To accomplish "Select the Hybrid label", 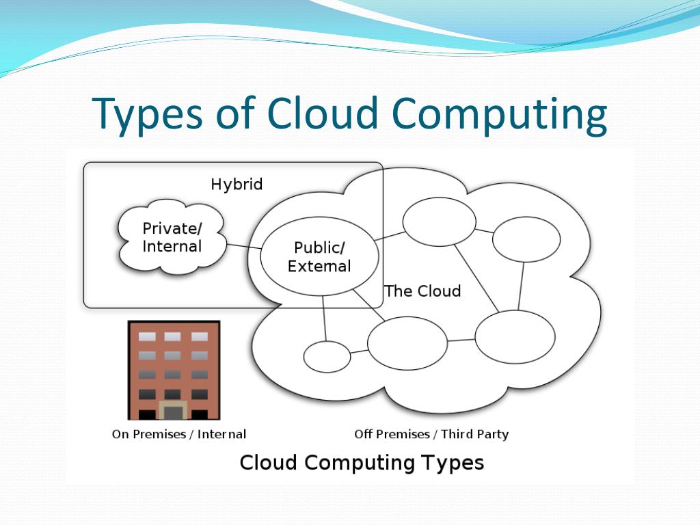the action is click(237, 185).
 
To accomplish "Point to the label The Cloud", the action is click(422, 291).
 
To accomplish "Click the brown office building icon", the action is click(174, 369).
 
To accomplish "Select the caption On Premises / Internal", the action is click(179, 434).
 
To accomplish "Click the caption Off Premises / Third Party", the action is click(431, 434).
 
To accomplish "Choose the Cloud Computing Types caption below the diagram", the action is click(362, 463).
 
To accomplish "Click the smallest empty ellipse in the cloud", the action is click(327, 357).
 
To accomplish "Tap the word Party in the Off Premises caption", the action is click(492, 434).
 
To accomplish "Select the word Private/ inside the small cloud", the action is click(172, 228).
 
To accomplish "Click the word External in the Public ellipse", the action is click(319, 266).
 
